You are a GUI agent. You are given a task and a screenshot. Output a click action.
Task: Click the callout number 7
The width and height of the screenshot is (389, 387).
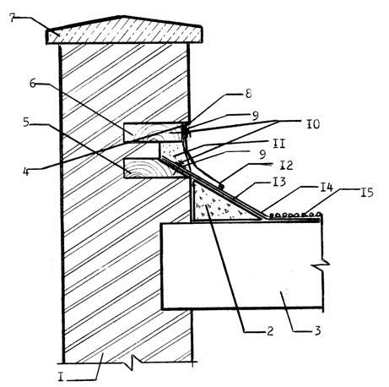(x=13, y=18)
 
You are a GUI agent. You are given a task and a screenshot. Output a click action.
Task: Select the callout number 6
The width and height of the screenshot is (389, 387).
(x=33, y=84)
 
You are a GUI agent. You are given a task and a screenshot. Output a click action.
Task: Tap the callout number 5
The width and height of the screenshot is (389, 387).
(x=26, y=122)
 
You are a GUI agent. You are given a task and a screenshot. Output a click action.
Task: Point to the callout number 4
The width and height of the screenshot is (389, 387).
(x=26, y=171)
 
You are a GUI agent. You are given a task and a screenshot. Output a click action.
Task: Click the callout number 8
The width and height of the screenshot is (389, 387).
(x=248, y=94)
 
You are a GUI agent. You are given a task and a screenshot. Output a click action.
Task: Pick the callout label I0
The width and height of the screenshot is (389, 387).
(x=313, y=123)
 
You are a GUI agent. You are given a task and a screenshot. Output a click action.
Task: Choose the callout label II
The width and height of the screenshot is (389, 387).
(x=278, y=144)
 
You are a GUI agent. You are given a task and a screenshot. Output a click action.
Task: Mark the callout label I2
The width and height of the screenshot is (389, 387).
(x=286, y=166)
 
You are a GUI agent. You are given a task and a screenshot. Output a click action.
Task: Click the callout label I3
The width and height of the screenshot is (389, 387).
(x=279, y=182)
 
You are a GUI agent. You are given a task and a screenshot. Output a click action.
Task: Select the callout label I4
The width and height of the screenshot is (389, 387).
(x=327, y=188)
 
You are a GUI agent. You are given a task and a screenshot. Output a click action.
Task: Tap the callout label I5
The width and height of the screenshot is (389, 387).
(x=367, y=193)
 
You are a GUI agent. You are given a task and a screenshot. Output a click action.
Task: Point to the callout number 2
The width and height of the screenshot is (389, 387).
(x=270, y=330)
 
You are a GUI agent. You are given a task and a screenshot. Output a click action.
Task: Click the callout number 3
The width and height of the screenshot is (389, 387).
(x=317, y=330)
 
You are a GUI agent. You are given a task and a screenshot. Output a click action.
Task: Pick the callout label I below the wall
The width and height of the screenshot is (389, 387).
(x=61, y=378)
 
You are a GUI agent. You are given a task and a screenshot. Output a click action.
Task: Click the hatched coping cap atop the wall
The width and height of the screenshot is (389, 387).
(x=124, y=32)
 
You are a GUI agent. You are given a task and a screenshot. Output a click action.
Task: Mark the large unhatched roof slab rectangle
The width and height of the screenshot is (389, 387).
(x=242, y=265)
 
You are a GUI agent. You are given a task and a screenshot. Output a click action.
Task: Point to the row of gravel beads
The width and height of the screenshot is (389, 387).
(x=294, y=215)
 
